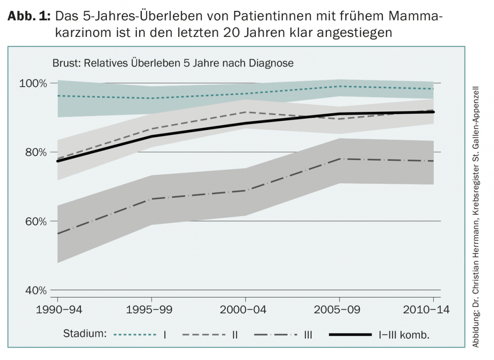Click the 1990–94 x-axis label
[57, 310]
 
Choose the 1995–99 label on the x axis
[152, 310]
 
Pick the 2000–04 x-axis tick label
[246, 310]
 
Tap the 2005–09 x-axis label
[340, 310]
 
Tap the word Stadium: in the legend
[85, 334]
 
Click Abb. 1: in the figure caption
[30, 17]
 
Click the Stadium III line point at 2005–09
[340, 159]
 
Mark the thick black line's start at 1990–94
[58, 161]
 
